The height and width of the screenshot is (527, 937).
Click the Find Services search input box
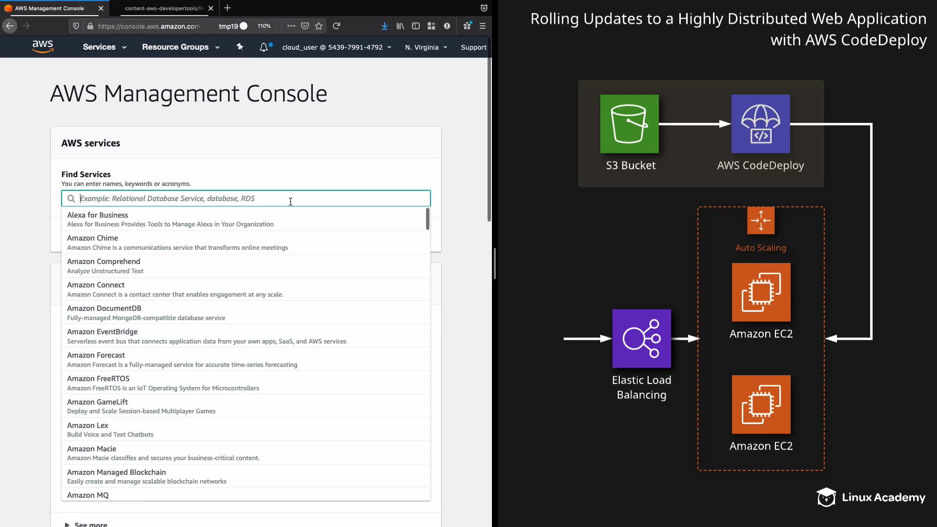click(x=245, y=199)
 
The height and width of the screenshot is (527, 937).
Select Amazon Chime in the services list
click(x=93, y=238)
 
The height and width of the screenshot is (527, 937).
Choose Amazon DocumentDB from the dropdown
click(x=104, y=308)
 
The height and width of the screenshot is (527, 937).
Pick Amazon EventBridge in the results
click(x=102, y=332)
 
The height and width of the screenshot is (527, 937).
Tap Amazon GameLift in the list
click(x=97, y=402)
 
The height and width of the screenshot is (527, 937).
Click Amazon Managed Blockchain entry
click(x=116, y=472)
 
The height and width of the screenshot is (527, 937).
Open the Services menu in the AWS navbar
click(x=104, y=47)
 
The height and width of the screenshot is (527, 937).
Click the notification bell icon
click(x=264, y=47)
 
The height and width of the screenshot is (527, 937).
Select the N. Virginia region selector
click(x=426, y=47)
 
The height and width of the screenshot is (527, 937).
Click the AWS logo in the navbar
click(x=42, y=46)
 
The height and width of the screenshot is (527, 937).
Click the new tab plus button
click(x=227, y=8)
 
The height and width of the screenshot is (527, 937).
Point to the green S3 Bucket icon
click(x=629, y=124)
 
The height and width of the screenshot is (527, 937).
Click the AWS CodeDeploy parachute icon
click(x=760, y=124)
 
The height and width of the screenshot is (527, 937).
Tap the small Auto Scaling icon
click(x=760, y=221)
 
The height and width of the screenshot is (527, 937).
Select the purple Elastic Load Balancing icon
click(x=641, y=339)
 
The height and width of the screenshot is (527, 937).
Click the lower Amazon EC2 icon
click(x=761, y=405)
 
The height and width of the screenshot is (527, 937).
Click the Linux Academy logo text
click(x=883, y=498)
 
